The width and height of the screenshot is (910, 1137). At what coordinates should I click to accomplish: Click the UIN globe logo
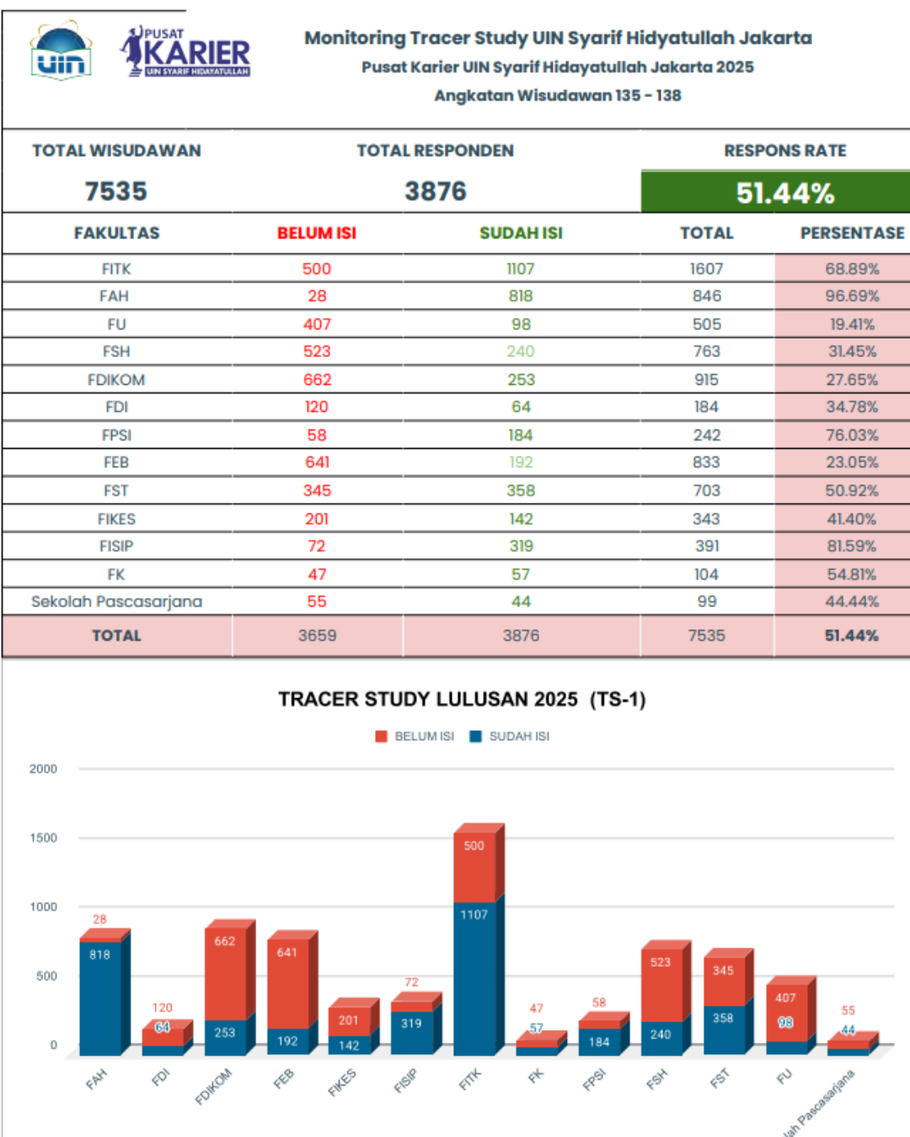tap(62, 51)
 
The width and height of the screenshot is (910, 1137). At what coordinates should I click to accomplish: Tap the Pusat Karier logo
tap(185, 51)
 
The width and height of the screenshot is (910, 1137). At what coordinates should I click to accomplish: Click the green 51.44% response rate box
tap(775, 192)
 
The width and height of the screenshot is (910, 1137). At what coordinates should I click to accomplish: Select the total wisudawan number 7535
tap(115, 191)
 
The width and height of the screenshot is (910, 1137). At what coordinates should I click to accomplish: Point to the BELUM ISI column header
tap(317, 233)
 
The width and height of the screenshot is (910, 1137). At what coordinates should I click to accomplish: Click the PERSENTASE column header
tap(853, 233)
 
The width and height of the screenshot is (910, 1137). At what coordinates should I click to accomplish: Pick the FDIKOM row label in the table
tap(116, 380)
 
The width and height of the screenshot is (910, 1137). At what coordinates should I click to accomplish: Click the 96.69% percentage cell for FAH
tap(852, 296)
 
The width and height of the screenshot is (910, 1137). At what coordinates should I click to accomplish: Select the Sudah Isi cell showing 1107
tap(521, 269)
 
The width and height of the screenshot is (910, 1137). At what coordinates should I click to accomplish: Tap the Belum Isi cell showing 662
tap(318, 380)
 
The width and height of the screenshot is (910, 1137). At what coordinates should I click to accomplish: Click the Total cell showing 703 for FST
tap(706, 491)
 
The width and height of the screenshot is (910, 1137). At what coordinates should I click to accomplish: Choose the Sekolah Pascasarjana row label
tap(117, 602)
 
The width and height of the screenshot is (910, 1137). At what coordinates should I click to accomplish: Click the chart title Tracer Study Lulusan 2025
tap(462, 699)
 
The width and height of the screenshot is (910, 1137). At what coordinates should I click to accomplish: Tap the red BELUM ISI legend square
tap(381, 736)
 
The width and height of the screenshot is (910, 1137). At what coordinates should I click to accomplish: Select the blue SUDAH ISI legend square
tap(475, 736)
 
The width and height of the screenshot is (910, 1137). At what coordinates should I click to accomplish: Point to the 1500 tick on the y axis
tap(43, 838)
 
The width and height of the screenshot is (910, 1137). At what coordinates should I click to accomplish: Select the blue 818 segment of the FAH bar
tap(100, 998)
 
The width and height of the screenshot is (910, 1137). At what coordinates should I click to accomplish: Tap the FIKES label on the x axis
tap(342, 1082)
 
